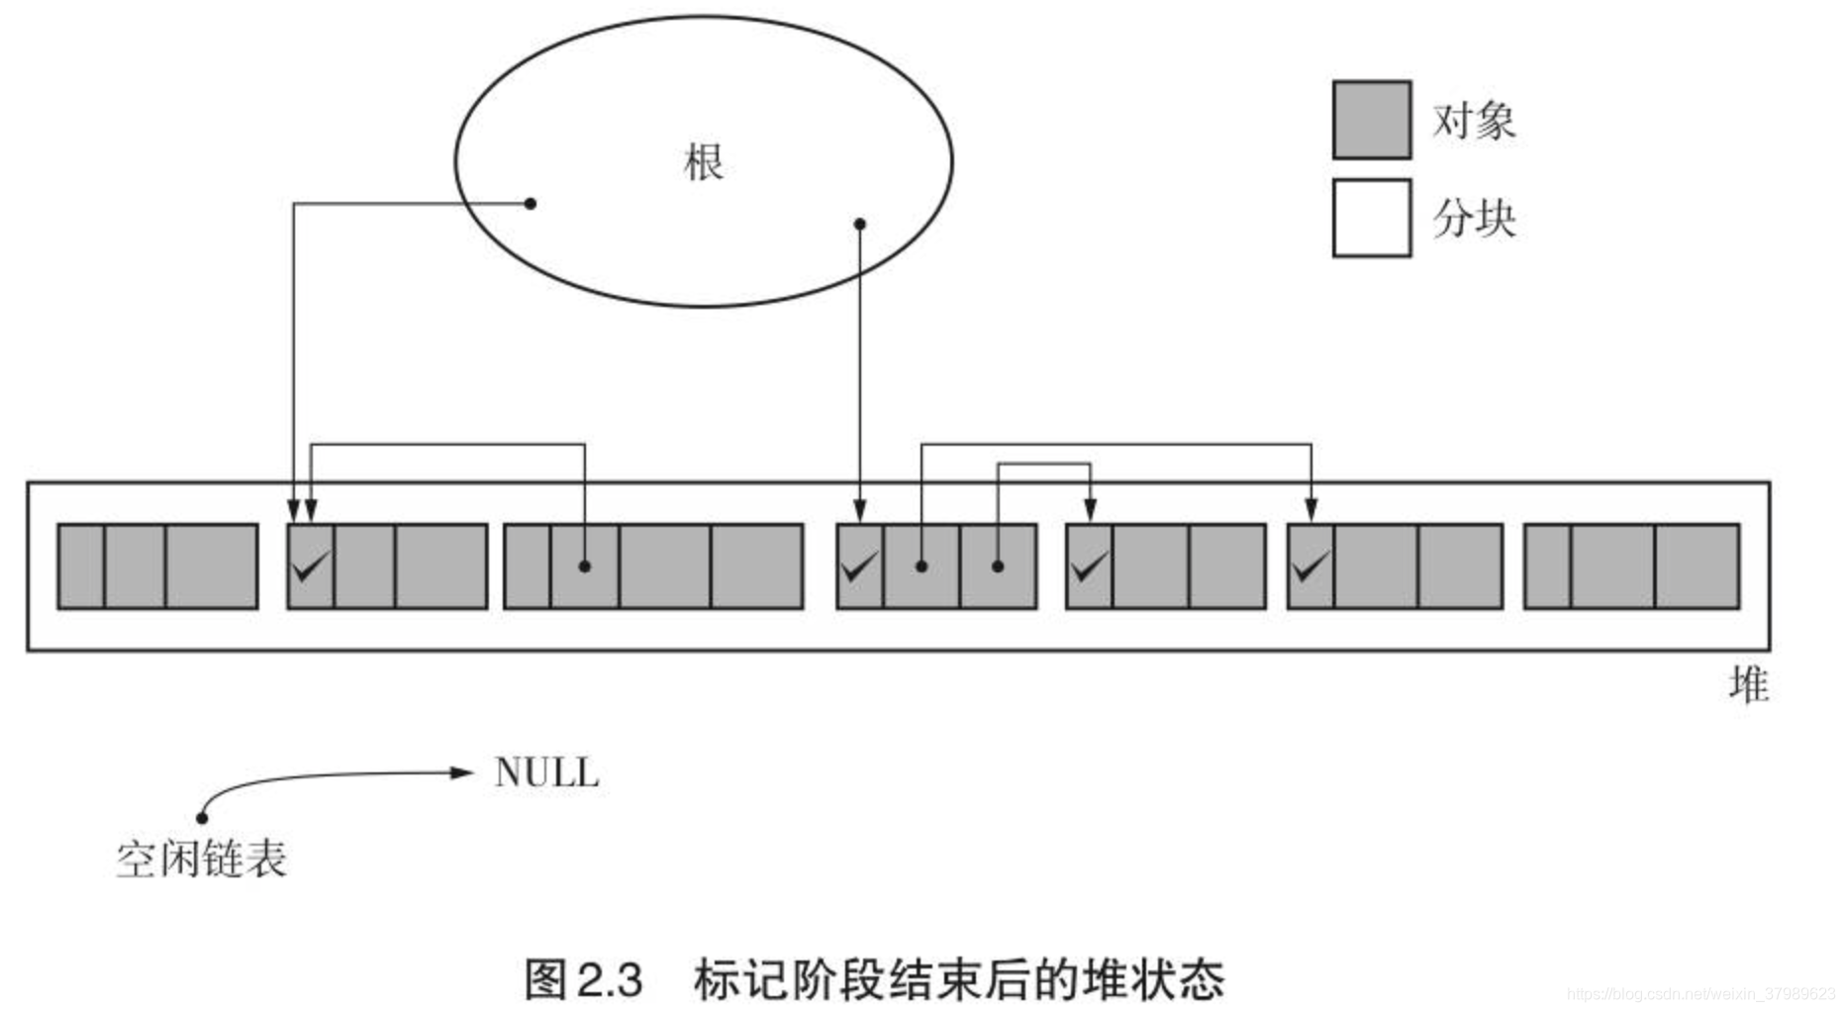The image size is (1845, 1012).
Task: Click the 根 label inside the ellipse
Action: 703,162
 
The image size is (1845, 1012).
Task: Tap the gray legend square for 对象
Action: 1371,120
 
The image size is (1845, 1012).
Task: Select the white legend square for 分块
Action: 1371,218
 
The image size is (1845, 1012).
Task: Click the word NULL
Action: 546,772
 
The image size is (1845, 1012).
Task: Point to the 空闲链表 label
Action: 201,860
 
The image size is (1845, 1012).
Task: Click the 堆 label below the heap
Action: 1748,685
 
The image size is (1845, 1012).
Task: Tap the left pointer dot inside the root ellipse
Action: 531,204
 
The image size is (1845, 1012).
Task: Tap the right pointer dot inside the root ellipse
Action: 859,225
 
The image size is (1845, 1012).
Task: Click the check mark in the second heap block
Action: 311,567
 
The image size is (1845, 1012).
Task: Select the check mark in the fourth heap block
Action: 858,567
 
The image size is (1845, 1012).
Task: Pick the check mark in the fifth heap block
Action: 1089,567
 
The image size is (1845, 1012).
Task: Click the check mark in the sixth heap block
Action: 1310,567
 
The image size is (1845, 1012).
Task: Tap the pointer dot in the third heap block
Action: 585,566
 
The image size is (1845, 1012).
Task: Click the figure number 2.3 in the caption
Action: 610,980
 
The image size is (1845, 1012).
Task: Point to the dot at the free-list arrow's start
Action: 202,817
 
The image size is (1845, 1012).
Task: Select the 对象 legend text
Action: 1474,121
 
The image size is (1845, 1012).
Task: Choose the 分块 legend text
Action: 1474,219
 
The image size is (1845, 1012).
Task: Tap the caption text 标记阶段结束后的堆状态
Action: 958,980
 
